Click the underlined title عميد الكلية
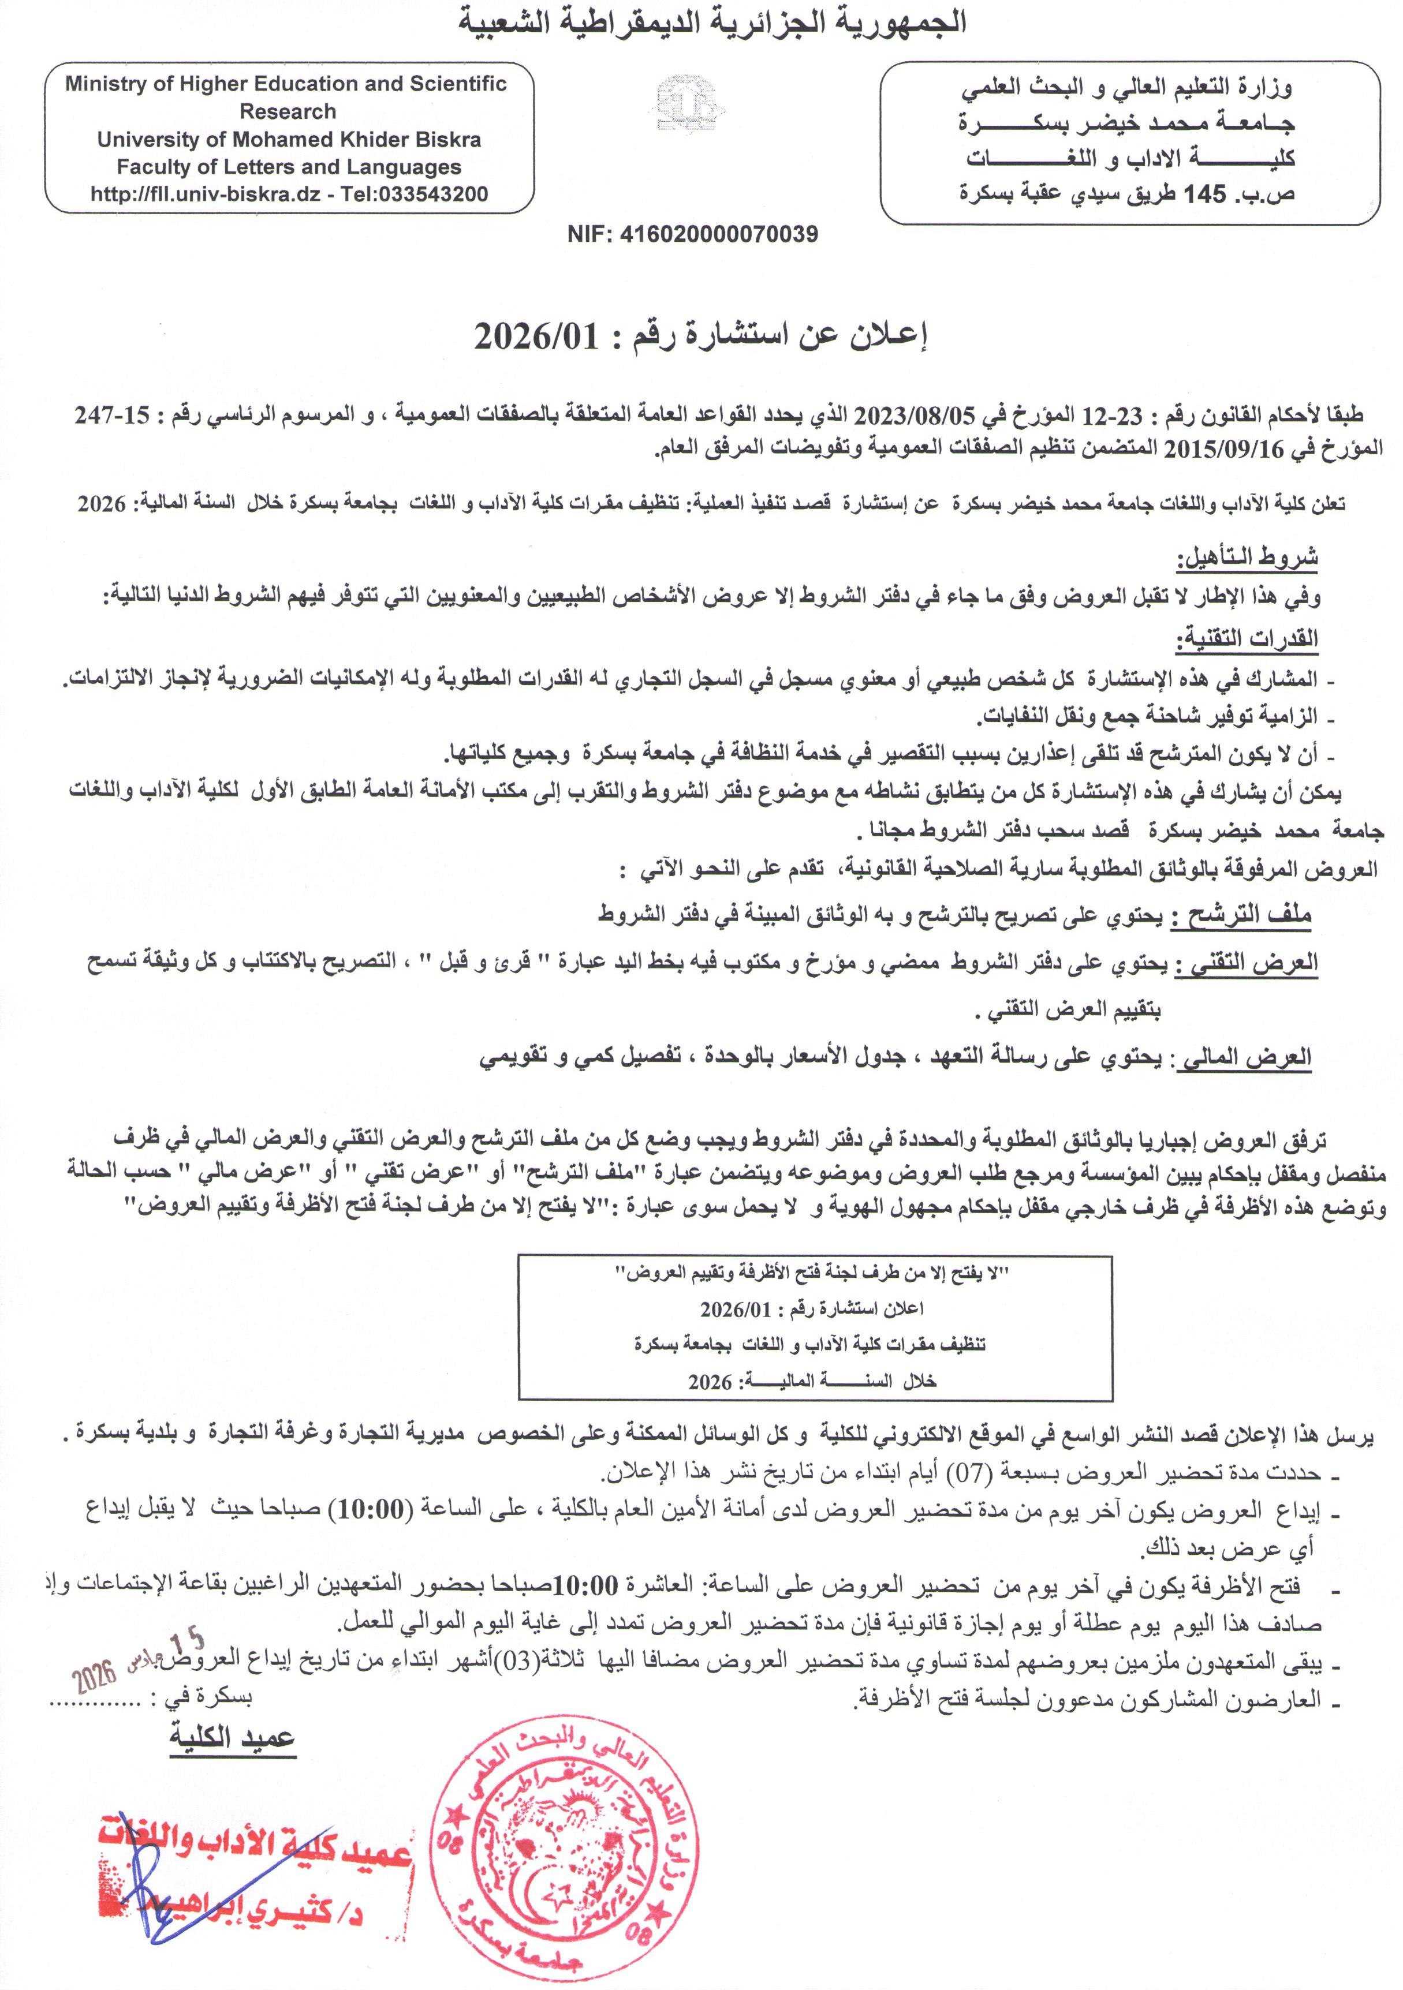click(232, 1738)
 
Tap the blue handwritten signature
click(156, 1855)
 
